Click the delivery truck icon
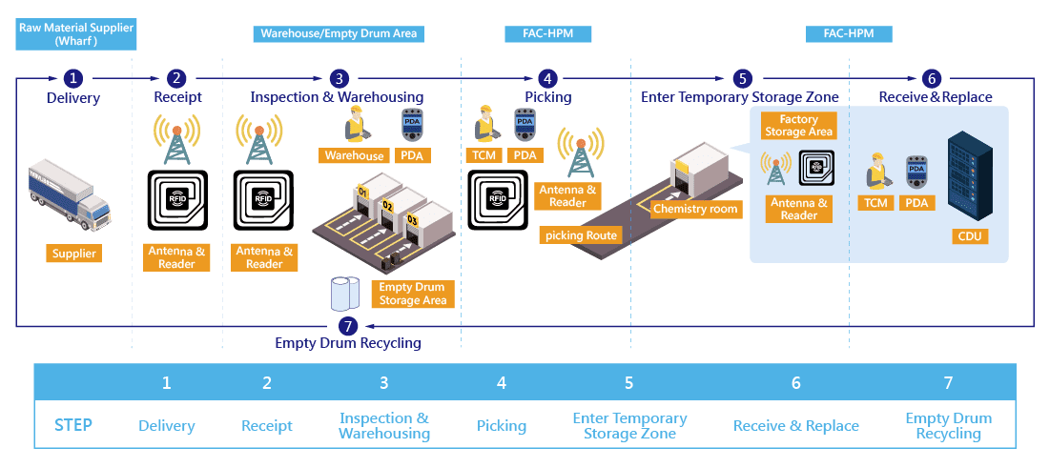[x=68, y=194]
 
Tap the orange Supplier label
[x=73, y=254]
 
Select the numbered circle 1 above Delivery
[x=73, y=78]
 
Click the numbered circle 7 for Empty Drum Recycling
[x=347, y=326]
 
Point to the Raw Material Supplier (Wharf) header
[x=76, y=34]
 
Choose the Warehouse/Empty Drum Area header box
[x=339, y=33]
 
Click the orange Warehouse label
[x=354, y=155]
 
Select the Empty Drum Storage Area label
[x=413, y=294]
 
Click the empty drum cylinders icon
[x=345, y=294]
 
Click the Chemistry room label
[x=694, y=209]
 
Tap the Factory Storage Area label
[x=798, y=125]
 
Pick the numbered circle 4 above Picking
[x=547, y=78]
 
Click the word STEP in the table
[x=73, y=425]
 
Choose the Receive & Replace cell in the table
[x=795, y=426]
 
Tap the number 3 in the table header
[x=383, y=383]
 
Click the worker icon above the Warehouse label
[x=354, y=125]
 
